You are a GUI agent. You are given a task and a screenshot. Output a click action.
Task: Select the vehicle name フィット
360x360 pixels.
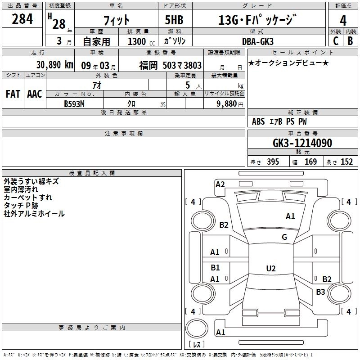click(117, 20)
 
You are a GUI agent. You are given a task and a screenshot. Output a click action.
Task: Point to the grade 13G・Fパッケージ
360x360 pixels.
click(257, 20)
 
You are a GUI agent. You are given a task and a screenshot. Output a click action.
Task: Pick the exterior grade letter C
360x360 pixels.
click(335, 40)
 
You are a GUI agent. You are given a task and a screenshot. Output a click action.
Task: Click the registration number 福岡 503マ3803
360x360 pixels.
click(170, 65)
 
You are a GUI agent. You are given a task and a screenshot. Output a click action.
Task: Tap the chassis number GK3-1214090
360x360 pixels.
click(302, 143)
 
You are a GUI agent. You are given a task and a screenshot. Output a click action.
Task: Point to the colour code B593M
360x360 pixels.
click(75, 103)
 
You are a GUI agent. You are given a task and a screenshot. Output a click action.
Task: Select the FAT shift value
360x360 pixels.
click(13, 94)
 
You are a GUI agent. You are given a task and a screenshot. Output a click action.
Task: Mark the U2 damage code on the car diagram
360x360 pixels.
click(270, 269)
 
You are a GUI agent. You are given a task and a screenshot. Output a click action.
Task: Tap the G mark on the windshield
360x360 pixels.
click(284, 237)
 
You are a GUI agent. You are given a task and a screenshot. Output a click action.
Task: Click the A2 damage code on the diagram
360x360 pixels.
click(220, 184)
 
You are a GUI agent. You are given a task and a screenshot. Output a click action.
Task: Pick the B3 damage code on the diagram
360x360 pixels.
click(320, 292)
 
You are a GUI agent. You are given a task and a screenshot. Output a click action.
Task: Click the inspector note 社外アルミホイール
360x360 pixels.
click(34, 214)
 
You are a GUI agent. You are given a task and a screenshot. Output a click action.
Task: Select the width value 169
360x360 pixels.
click(310, 162)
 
